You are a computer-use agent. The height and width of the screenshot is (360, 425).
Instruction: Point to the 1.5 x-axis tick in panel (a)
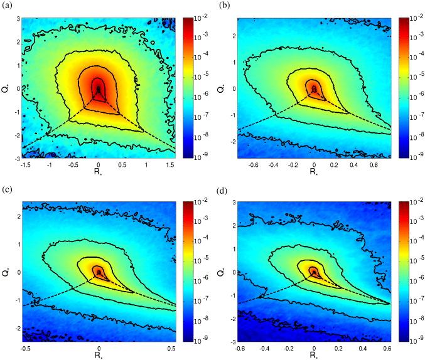(x=169, y=164)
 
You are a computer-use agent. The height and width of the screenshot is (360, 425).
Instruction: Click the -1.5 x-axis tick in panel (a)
(x=26, y=164)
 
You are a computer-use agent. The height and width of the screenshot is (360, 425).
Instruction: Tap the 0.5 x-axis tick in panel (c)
(x=169, y=347)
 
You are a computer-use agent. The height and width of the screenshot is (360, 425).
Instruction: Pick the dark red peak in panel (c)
(x=98, y=272)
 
